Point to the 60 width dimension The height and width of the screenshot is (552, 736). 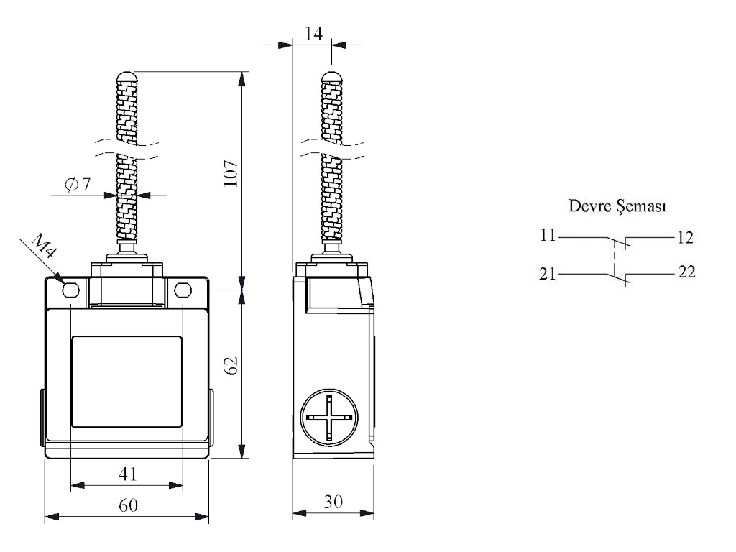coord(127,505)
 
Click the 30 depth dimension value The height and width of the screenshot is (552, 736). coord(332,502)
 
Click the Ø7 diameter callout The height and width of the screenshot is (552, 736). coord(78,184)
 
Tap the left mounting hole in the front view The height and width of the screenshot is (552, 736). coord(70,290)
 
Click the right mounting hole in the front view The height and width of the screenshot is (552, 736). coord(183,290)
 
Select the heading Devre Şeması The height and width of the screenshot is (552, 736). coord(617,207)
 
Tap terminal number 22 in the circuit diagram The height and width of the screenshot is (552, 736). coord(686,273)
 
